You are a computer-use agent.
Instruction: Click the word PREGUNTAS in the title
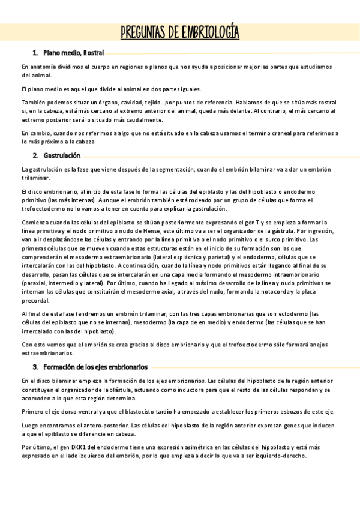(x=145, y=32)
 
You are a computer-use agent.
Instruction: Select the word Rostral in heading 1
(x=95, y=53)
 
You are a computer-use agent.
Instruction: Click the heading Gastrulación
(x=62, y=155)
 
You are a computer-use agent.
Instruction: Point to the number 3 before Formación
(x=35, y=367)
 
